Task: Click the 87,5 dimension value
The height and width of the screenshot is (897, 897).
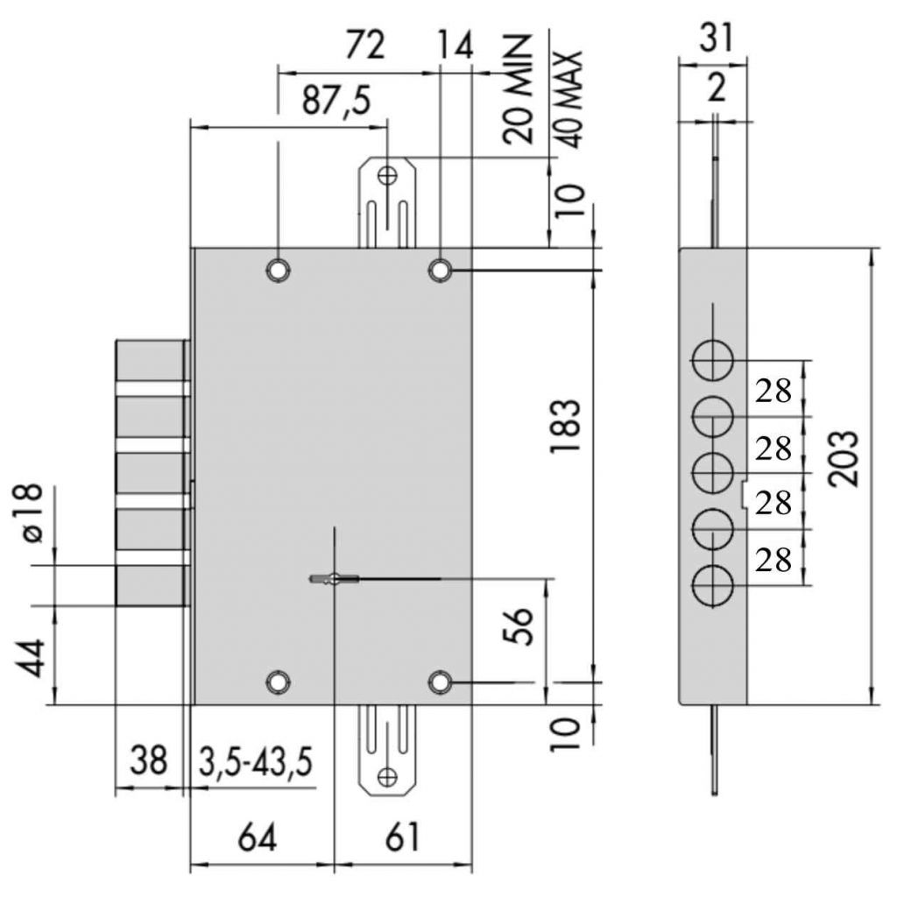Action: [336, 102]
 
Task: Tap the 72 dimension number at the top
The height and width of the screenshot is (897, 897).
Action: [365, 46]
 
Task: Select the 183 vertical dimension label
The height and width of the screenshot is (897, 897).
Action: [565, 427]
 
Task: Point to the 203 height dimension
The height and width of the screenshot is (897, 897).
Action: [844, 459]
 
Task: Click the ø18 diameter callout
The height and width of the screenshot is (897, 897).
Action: [31, 512]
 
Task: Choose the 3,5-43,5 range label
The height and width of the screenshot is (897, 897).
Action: [256, 762]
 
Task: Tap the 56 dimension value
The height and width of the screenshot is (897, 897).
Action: [518, 627]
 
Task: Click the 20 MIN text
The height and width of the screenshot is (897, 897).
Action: [518, 89]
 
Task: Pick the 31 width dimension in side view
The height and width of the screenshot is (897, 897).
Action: [716, 39]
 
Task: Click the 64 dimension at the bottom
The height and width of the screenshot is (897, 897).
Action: [258, 837]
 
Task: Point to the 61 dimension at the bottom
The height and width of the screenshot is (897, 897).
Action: [402, 837]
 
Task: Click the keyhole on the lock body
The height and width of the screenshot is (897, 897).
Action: [334, 579]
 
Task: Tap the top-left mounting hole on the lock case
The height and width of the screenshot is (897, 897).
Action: [278, 270]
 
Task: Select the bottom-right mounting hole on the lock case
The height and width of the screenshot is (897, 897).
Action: [440, 682]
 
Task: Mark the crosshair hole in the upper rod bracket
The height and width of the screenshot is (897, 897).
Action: [387, 175]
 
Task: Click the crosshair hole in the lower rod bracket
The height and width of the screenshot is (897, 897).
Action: [387, 777]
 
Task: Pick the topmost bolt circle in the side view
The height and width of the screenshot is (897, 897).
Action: [713, 361]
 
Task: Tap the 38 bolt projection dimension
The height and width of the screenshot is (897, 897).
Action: [148, 760]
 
